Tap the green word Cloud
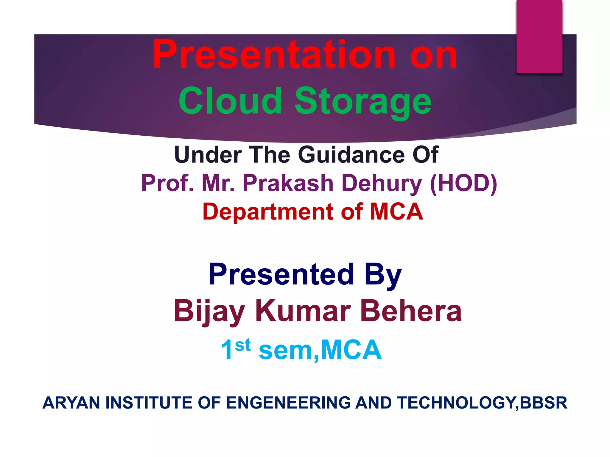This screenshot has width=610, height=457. coord(230,101)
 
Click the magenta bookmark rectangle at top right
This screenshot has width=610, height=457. coord(539,36)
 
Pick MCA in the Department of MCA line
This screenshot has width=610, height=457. coord(396,212)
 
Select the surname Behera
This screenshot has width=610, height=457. coord(411,311)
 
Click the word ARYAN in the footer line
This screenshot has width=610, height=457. coord(71,403)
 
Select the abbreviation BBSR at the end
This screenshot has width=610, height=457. coord(544,403)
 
